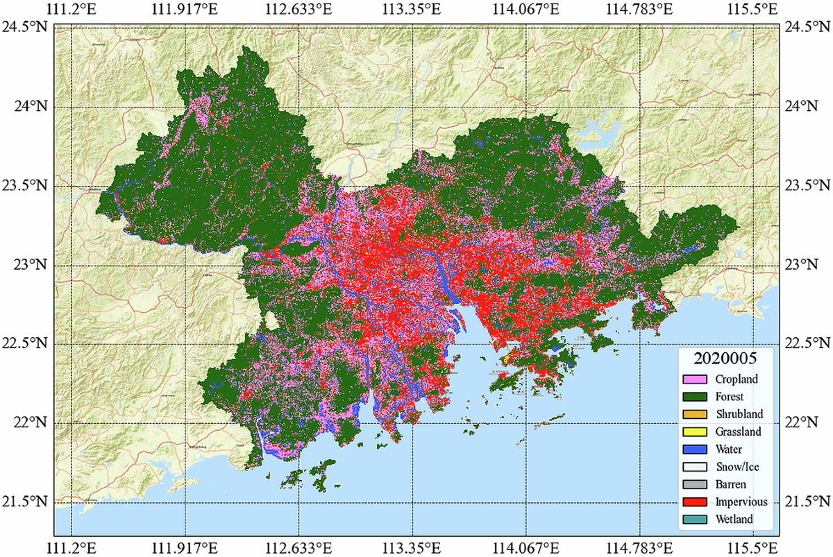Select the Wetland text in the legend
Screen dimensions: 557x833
click(736, 518)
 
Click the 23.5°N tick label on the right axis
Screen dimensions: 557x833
click(805, 186)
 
